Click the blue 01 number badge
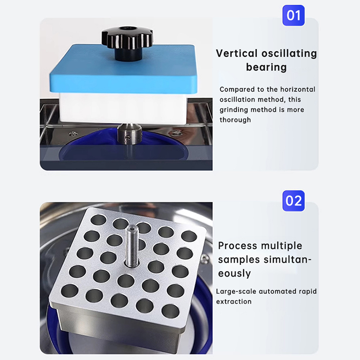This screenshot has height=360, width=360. [293, 15]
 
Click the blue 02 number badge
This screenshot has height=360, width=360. [293, 201]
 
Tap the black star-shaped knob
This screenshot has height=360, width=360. [127, 43]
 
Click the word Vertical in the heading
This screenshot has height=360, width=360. [237, 53]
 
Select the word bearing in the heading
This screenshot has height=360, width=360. [266, 68]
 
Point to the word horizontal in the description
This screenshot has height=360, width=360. [298, 89]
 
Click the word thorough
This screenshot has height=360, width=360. [235, 120]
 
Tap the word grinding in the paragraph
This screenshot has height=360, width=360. [233, 110]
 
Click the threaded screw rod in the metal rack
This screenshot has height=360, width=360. [132, 246]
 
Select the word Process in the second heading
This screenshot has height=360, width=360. [238, 246]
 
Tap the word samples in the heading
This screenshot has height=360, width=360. [239, 260]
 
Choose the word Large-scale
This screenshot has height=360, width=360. [236, 291]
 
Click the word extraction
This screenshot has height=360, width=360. [234, 301]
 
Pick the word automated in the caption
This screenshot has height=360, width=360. [277, 291]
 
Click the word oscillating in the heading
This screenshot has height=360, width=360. [289, 53]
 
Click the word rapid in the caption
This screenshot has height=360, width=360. [308, 291]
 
